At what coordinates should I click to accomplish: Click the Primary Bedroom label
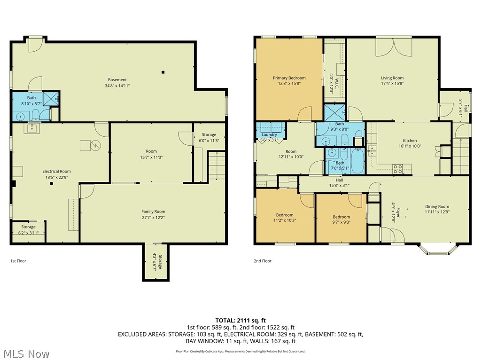tap(289, 78)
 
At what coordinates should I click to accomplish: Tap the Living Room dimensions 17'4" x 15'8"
tap(392, 84)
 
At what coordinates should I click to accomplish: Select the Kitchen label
tap(410, 141)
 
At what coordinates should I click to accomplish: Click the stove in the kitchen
tap(397, 168)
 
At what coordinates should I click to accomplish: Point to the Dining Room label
tap(437, 206)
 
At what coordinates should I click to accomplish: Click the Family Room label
tap(153, 212)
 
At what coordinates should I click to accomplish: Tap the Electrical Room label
tap(56, 171)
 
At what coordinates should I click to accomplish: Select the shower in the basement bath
tap(51, 99)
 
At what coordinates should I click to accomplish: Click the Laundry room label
tap(269, 134)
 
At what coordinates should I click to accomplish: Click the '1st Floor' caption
tap(18, 261)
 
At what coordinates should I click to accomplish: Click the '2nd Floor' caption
tap(263, 261)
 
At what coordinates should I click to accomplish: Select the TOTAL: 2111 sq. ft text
tap(240, 321)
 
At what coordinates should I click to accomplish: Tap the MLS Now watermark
tap(26, 353)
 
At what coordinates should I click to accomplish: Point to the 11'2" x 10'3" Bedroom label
tap(285, 215)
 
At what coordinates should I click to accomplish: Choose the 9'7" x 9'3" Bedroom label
tap(341, 217)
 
